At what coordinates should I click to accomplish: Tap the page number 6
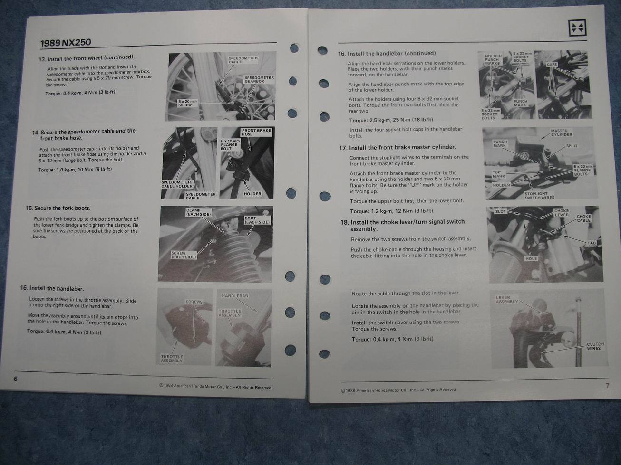point(15,379)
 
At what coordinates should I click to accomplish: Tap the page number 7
point(607,385)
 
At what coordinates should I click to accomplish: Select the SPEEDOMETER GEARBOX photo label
point(259,79)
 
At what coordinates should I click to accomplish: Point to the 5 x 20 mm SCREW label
point(187,103)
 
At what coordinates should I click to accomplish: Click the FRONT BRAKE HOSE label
point(256,132)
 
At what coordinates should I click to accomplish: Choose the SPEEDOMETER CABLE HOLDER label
point(176,184)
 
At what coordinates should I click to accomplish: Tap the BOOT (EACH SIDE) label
point(257,220)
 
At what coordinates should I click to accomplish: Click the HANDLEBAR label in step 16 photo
point(234,296)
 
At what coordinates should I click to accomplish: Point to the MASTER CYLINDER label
point(562,133)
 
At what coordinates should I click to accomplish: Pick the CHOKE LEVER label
point(561,213)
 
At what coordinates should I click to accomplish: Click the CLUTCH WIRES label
point(595,346)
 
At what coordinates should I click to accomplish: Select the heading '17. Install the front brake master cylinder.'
point(398,147)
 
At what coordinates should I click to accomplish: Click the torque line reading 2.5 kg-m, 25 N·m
point(391,120)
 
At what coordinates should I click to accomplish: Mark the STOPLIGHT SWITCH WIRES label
point(539,196)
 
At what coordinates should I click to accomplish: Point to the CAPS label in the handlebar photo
point(551,64)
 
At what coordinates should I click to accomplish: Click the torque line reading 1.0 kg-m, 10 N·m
point(75,170)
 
